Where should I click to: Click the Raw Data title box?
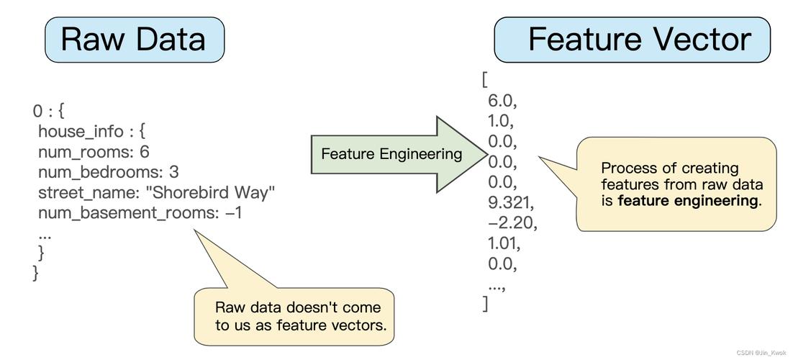[x=134, y=39]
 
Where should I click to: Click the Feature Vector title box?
[x=632, y=39]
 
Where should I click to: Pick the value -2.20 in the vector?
[x=512, y=222]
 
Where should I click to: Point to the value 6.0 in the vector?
[x=502, y=100]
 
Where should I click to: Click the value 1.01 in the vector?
[x=504, y=243]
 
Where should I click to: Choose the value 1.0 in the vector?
[x=501, y=120]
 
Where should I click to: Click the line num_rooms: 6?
[x=94, y=152]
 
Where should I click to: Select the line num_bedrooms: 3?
[x=108, y=172]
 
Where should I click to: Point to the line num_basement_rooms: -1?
[x=140, y=213]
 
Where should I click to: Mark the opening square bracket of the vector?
[x=485, y=79]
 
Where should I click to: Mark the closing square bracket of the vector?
[x=486, y=304]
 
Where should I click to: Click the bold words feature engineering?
[x=687, y=201]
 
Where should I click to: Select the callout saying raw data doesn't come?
[x=301, y=316]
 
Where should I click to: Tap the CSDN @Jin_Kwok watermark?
[x=761, y=353]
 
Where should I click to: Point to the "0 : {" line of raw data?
[x=49, y=111]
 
